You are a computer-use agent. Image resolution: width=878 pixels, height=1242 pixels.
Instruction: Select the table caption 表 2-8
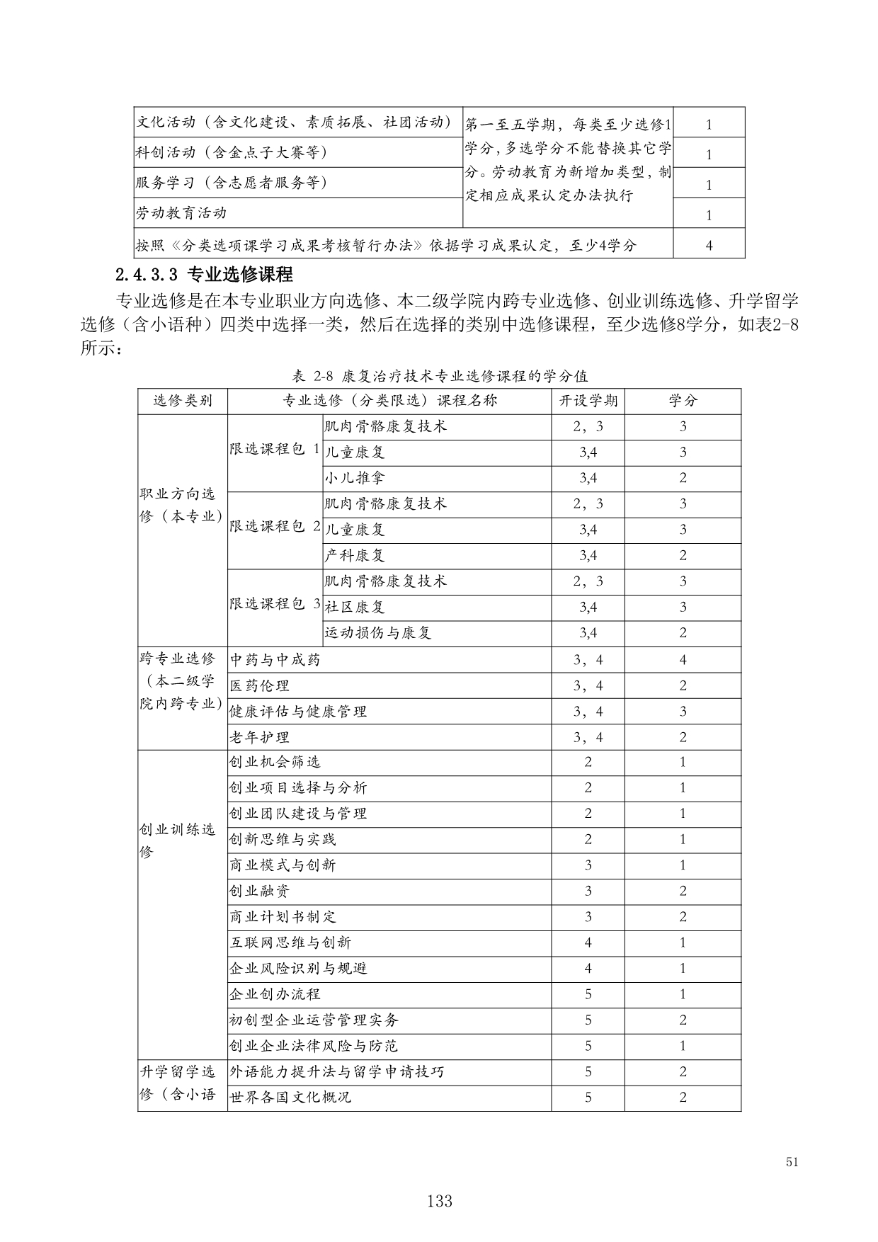[x=439, y=375]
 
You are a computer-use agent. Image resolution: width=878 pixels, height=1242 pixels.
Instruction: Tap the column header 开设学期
[x=588, y=401]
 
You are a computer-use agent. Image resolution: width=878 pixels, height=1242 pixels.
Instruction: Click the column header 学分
[x=683, y=401]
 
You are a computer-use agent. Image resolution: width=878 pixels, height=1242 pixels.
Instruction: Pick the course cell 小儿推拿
[x=354, y=478]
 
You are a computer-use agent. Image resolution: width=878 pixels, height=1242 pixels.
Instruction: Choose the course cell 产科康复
[x=354, y=555]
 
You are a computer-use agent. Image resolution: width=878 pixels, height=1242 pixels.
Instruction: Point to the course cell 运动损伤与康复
[x=377, y=633]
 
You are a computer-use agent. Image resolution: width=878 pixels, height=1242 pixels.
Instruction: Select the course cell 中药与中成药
[x=275, y=660]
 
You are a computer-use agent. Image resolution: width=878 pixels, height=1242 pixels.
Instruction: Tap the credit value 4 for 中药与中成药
[x=683, y=660]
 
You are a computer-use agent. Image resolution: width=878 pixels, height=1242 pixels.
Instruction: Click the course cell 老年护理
[x=259, y=737]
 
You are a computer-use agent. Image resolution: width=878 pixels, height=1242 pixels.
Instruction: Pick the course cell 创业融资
[x=259, y=891]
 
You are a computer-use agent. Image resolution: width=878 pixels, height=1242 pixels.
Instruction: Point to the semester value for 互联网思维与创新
[x=588, y=942]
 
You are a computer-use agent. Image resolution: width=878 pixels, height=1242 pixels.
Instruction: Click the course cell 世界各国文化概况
[x=290, y=1098]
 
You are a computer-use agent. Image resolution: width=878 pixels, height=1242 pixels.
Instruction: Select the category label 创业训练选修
[x=178, y=841]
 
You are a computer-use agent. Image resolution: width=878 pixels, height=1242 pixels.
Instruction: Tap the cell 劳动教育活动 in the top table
[x=181, y=212]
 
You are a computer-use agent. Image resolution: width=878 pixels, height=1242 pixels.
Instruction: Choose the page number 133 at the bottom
[x=439, y=1201]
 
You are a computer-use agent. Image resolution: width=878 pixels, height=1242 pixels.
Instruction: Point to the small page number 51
[x=792, y=1162]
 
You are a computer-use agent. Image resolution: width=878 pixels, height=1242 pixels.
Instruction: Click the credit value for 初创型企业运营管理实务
[x=683, y=1020]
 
